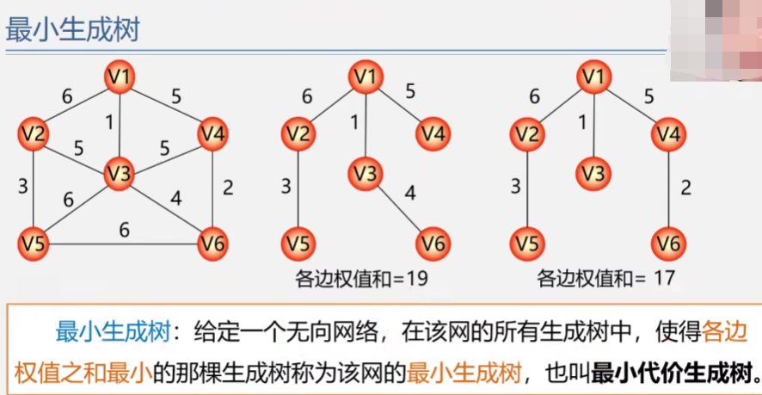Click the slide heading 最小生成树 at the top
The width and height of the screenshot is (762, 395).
click(73, 32)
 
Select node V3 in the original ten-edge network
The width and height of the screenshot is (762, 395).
click(120, 174)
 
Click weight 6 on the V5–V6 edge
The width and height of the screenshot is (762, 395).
click(124, 231)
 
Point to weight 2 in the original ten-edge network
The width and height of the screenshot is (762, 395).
click(227, 188)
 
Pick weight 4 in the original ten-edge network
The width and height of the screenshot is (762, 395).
click(175, 201)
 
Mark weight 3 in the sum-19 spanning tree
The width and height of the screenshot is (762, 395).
click(286, 187)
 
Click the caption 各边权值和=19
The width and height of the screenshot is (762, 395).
click(361, 279)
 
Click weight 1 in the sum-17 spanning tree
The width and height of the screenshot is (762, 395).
click(582, 122)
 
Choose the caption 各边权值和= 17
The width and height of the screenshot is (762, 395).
click(605, 279)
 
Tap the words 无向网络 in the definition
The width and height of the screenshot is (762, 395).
click(331, 331)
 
